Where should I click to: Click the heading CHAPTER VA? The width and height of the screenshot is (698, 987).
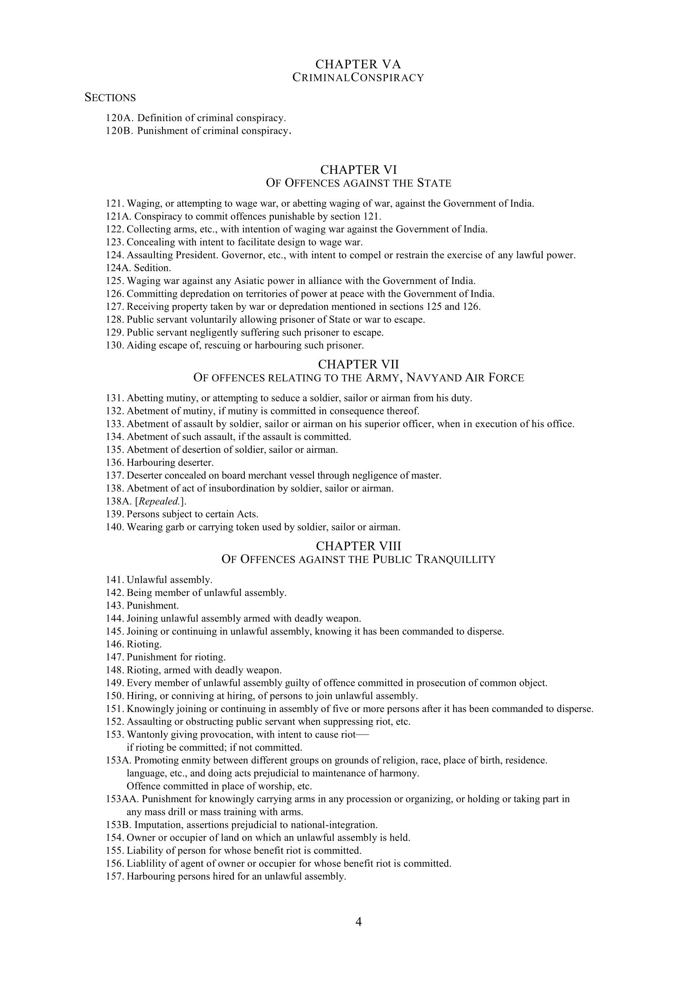point(358,65)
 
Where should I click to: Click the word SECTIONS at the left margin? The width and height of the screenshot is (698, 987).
point(110,98)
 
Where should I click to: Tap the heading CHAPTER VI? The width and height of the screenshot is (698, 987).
point(358,170)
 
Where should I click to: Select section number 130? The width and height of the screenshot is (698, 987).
point(114,346)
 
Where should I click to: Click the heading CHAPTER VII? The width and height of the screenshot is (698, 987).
point(358,365)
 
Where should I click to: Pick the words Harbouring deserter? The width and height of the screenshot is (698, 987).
point(170,463)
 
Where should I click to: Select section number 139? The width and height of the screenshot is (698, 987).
point(114,514)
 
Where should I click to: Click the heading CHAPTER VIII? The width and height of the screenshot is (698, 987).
point(358,546)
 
